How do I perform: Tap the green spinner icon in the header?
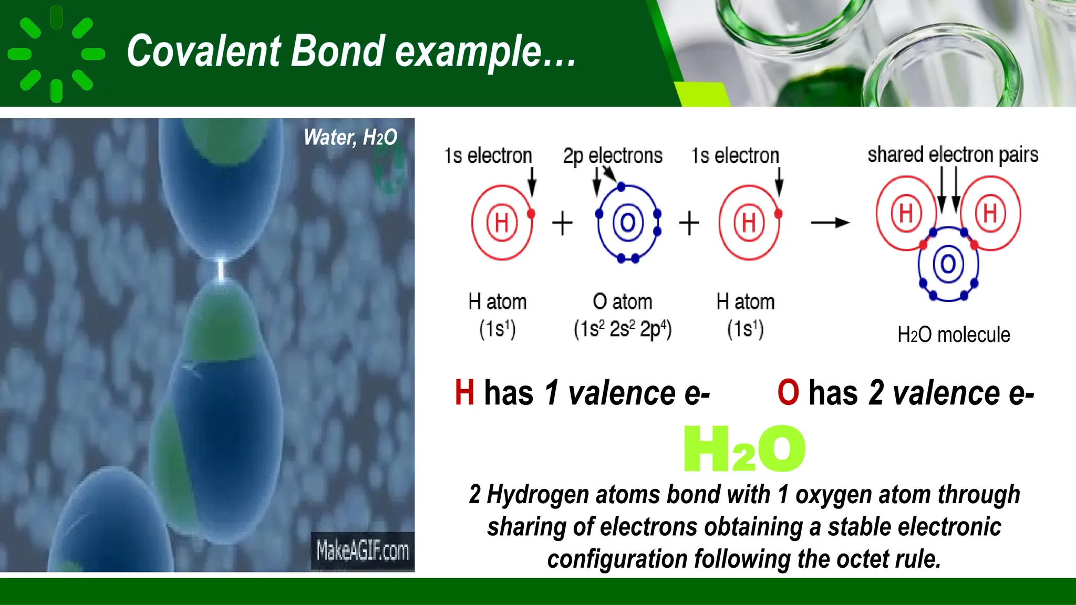click(56, 54)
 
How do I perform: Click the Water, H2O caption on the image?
click(350, 138)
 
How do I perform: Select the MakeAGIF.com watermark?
click(363, 551)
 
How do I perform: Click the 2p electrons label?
click(613, 155)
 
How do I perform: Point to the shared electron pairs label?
click(953, 154)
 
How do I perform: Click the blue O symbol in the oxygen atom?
click(628, 223)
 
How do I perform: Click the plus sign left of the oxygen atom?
click(562, 223)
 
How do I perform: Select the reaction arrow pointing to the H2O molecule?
click(830, 223)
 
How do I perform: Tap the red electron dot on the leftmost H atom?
click(531, 214)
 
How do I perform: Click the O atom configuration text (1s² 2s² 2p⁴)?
click(623, 329)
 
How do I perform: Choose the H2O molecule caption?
click(953, 335)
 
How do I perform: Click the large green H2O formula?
click(744, 449)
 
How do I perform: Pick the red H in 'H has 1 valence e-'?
click(464, 393)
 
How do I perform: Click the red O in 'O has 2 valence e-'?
click(788, 393)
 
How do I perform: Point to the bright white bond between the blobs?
click(221, 269)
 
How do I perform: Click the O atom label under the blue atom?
click(623, 302)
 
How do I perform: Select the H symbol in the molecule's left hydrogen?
click(906, 213)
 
